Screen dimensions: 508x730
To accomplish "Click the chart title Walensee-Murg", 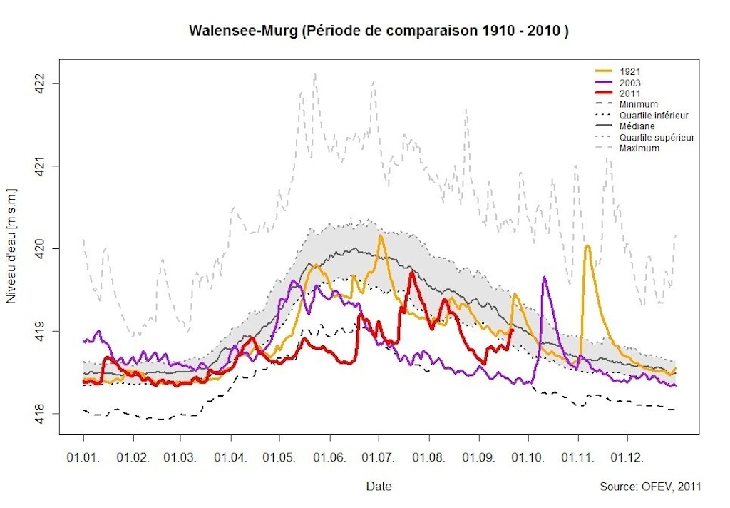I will click(x=379, y=31).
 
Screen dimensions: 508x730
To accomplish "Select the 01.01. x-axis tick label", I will click(x=83, y=455).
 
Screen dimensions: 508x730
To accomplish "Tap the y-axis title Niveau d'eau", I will click(x=11, y=246).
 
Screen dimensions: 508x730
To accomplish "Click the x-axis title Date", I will click(x=379, y=487).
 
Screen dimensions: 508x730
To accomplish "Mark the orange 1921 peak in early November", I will click(x=587, y=246).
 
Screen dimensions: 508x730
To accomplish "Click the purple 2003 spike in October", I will click(x=544, y=278).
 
